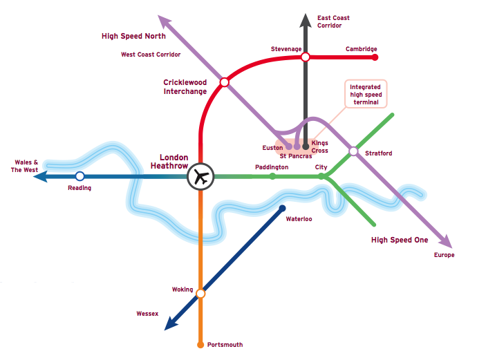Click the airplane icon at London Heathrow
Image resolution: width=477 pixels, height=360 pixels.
tap(201, 176)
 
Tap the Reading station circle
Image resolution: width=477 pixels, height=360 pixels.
tap(79, 176)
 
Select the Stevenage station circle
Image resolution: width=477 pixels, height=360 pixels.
tap(305, 57)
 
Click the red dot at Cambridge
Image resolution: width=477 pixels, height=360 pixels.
tap(375, 57)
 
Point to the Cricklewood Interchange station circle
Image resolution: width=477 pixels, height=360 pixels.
tap(224, 82)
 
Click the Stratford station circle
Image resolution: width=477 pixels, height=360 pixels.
tap(353, 151)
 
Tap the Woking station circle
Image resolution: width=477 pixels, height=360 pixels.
tap(201, 294)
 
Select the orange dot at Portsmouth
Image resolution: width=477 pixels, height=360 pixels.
tap(201, 344)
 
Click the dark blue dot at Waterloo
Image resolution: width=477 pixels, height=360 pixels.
tap(282, 208)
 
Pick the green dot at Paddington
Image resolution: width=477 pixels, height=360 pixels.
tap(272, 176)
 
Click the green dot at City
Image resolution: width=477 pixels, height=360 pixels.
tap(321, 176)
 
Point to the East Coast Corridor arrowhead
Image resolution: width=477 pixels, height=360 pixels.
tap(305, 21)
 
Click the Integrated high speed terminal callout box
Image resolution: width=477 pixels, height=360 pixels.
tap(366, 94)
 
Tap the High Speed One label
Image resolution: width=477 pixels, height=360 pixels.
tap(400, 240)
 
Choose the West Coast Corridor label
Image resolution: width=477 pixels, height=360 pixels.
tap(151, 55)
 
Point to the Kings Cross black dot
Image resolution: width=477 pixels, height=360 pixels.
tap(306, 146)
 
